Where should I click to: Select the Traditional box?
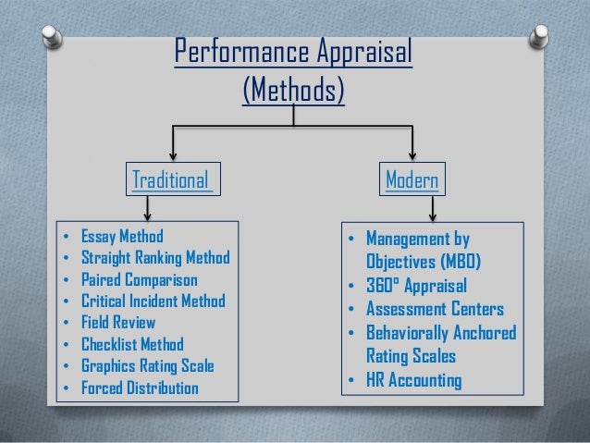[172, 178]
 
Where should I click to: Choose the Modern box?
[412, 178]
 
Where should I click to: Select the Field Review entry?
[117, 322]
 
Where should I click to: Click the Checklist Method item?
[132, 344]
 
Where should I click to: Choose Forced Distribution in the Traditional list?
[139, 388]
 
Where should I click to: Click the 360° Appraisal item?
[416, 285]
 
